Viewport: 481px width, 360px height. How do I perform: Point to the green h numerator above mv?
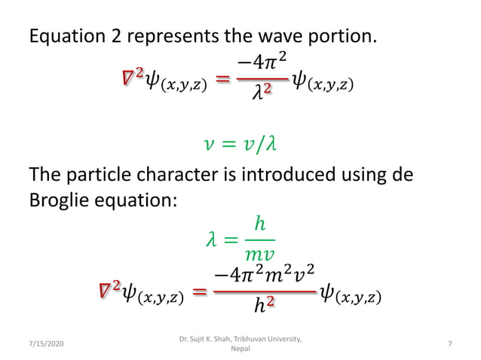pyautogui.click(x=259, y=224)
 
